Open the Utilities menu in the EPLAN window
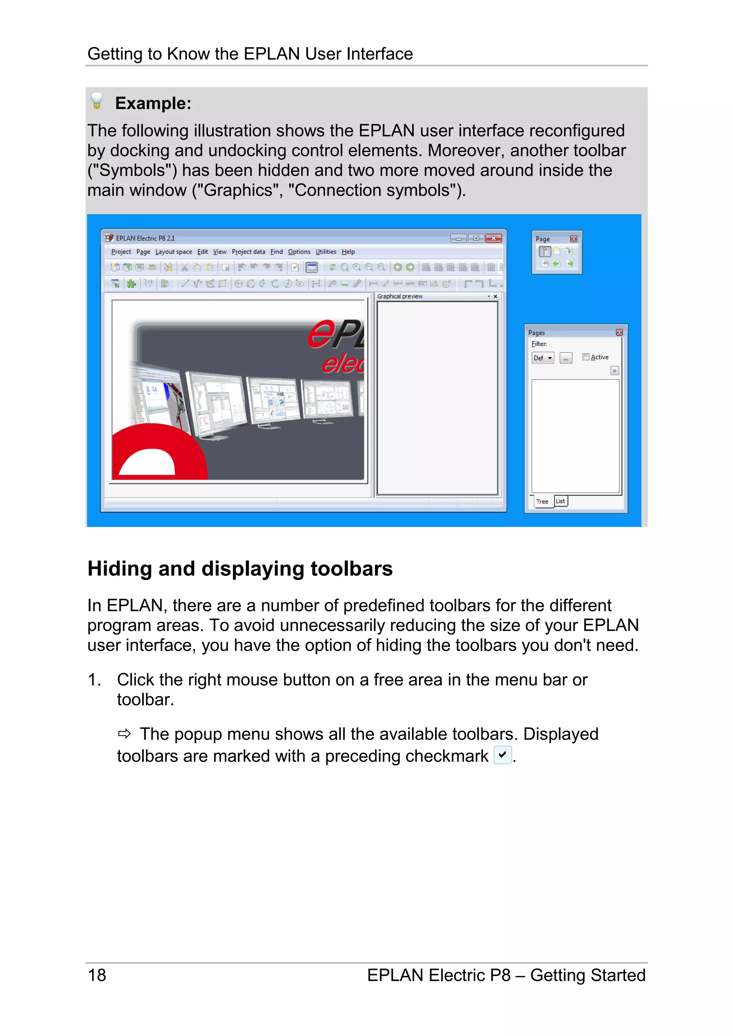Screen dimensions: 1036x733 coord(326,252)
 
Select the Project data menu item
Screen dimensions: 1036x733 coord(248,252)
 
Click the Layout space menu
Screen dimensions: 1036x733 coord(174,252)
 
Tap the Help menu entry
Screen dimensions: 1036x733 coord(348,252)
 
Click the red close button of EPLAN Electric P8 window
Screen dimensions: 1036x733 coord(493,238)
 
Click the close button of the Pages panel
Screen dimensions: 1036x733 coord(619,332)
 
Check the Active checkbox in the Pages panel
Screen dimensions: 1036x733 coord(586,357)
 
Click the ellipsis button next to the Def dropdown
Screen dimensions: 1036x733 coord(565,358)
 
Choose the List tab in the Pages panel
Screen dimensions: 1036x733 coord(560,501)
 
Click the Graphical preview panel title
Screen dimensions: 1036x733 coord(400,296)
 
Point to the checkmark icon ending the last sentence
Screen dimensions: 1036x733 coord(502,755)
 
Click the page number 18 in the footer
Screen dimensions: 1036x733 coord(97,975)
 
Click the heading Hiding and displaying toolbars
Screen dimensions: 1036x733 coord(240,568)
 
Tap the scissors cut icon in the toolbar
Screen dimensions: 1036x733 coord(184,267)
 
